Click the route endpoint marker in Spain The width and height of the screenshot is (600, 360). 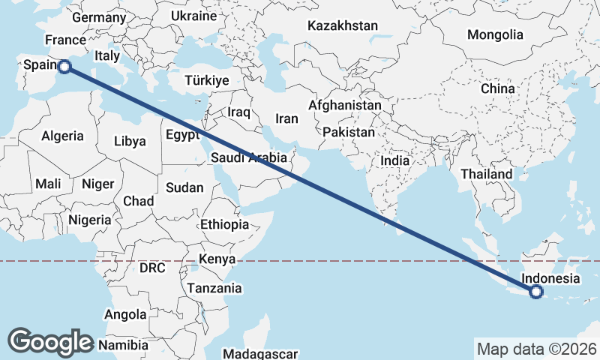click(x=64, y=67)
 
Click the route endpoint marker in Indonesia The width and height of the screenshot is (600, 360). click(x=536, y=292)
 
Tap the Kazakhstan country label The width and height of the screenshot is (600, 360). click(x=343, y=25)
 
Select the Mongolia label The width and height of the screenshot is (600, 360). click(x=495, y=34)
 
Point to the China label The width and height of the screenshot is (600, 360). click(x=498, y=88)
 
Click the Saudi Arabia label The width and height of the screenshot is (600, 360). click(x=249, y=157)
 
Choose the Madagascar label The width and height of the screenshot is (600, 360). click(x=261, y=353)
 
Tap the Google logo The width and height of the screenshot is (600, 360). click(x=50, y=341)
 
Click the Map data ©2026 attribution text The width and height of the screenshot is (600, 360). click(x=536, y=349)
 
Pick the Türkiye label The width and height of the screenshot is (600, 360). click(x=207, y=81)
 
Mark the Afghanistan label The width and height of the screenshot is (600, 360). click(x=345, y=106)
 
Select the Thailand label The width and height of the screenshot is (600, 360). click(x=487, y=174)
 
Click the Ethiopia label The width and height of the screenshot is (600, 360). click(x=224, y=224)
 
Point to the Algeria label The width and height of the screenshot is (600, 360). click(x=62, y=136)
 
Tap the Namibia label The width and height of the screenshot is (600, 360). click(x=124, y=345)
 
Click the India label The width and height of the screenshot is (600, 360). click(x=395, y=160)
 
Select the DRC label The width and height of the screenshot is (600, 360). click(x=152, y=268)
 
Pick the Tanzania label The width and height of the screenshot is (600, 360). click(x=214, y=288)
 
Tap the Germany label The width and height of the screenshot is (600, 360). click(x=99, y=17)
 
